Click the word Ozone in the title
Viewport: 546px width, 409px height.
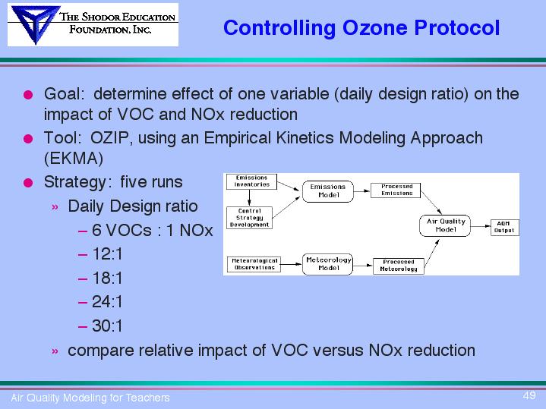pos(375,27)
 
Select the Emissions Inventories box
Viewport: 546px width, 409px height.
pos(251,181)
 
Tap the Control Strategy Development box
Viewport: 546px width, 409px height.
pos(249,218)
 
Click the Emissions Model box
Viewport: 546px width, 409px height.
pos(327,191)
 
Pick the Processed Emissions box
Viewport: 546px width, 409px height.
pos(396,190)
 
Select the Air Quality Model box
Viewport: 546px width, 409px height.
pos(445,225)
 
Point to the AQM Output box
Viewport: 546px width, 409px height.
pos(504,228)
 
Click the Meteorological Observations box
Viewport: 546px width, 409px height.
pos(254,264)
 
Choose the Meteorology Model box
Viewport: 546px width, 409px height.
pos(327,264)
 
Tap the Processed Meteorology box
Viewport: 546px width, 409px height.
pos(399,266)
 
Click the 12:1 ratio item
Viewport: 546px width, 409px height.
pos(107,254)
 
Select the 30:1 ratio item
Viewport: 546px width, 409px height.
pos(107,326)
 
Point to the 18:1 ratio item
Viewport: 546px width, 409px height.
pos(107,278)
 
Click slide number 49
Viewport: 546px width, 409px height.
pos(529,395)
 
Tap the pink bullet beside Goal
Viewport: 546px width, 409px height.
pos(28,95)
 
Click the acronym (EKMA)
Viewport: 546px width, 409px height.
pos(74,159)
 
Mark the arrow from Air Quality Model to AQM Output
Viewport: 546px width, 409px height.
pos(481,226)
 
